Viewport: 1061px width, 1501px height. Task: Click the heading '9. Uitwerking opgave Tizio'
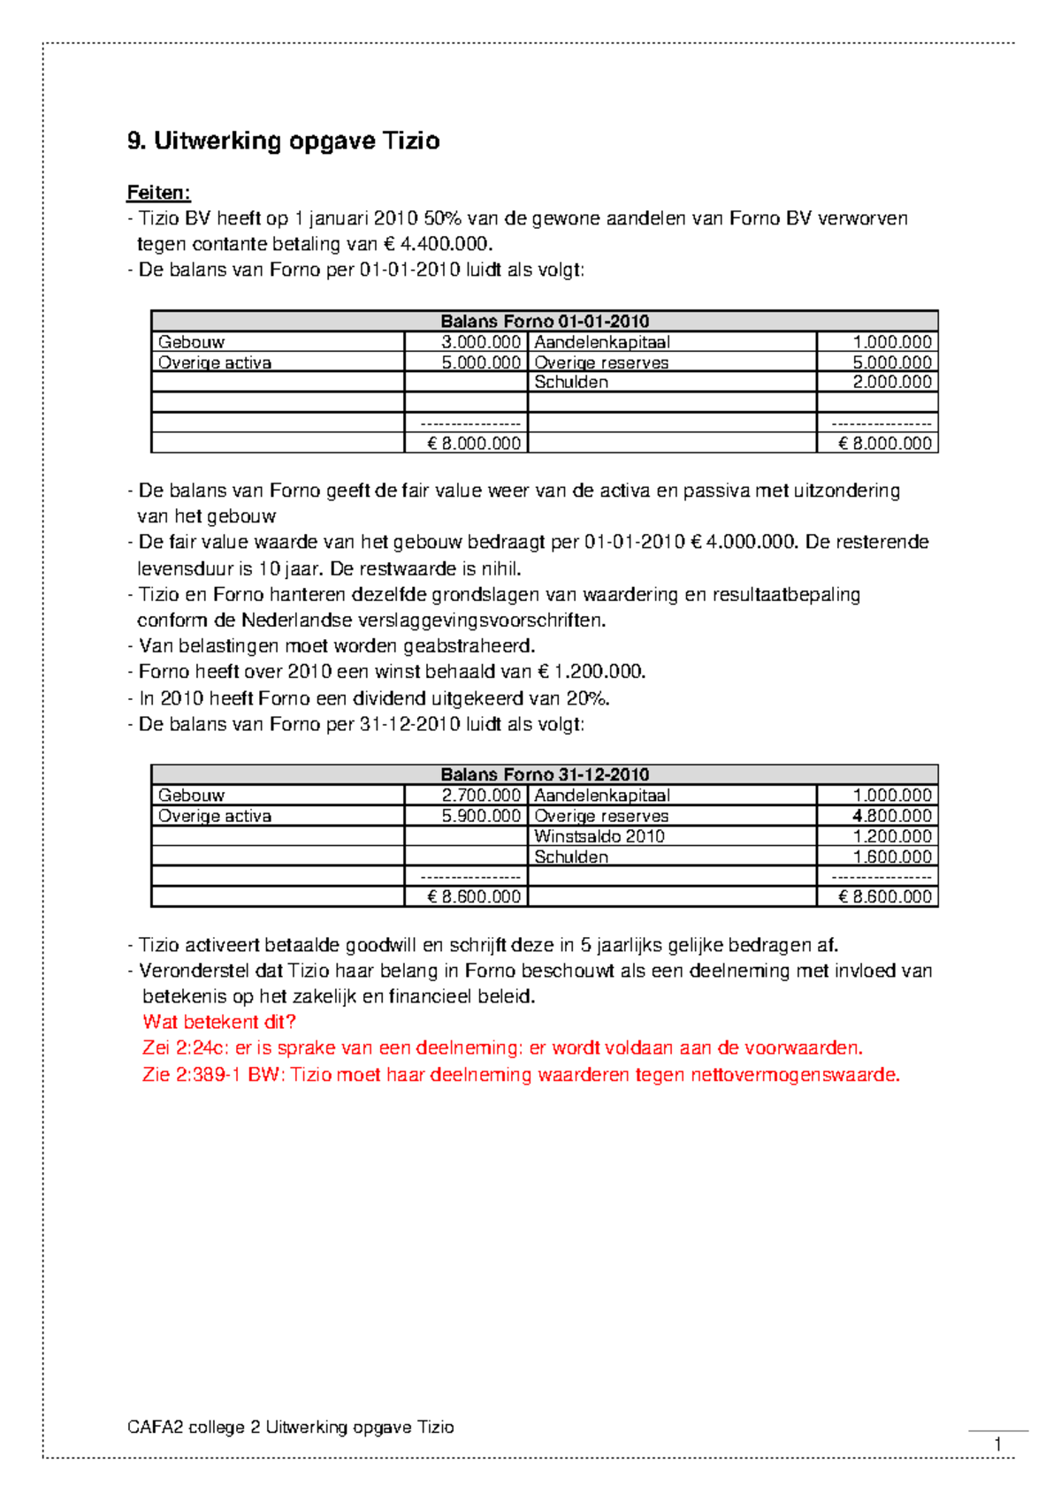pos(283,141)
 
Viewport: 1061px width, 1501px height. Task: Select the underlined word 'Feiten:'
pos(159,193)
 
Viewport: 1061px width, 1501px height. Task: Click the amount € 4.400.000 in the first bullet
pos(437,244)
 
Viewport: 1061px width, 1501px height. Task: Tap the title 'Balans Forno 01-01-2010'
pos(545,321)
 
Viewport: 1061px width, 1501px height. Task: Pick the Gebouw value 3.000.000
pos(481,342)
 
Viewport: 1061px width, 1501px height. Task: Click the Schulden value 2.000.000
pos(892,382)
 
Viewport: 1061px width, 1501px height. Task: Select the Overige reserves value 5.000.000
pos(892,362)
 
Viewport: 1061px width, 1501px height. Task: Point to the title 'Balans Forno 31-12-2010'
pos(545,774)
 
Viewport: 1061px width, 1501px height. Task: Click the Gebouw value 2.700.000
pos(481,796)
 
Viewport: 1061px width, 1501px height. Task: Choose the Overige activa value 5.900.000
pos(481,816)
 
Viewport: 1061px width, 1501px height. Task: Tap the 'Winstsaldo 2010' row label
pos(599,836)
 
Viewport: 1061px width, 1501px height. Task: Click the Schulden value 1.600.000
pos(892,857)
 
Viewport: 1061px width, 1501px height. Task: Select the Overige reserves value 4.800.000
pos(892,816)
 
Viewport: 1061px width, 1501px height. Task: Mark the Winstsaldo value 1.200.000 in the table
pos(892,836)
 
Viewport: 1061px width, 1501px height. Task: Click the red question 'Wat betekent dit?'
pos(219,1022)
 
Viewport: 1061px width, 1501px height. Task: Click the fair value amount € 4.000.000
pos(742,542)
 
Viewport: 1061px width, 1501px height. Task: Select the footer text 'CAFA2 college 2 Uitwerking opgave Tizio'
pos(291,1427)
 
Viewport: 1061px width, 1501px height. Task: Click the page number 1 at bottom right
pos(998,1444)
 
